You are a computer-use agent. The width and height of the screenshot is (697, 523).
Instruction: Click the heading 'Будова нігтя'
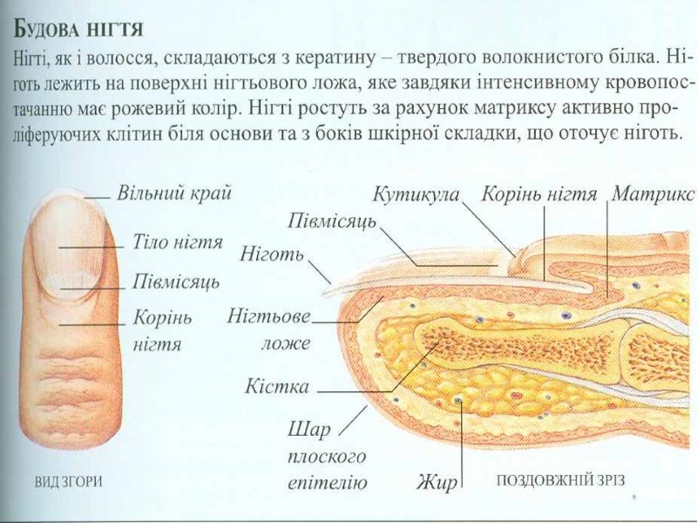click(x=78, y=30)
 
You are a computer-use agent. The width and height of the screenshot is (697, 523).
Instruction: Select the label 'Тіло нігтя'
click(x=178, y=241)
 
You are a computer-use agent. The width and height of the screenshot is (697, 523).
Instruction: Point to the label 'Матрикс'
click(x=653, y=194)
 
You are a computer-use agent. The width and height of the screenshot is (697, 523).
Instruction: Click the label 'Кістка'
click(x=276, y=385)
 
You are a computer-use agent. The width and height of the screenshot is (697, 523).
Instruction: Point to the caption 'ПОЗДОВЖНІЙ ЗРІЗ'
click(x=559, y=480)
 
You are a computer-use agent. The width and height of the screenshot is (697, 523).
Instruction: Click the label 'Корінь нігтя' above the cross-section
click(x=539, y=194)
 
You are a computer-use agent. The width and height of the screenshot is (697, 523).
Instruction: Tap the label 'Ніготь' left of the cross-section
click(x=271, y=255)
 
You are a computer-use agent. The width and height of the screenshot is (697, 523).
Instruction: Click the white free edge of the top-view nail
click(x=69, y=198)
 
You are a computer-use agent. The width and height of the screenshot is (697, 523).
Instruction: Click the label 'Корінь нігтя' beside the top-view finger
click(x=161, y=330)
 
